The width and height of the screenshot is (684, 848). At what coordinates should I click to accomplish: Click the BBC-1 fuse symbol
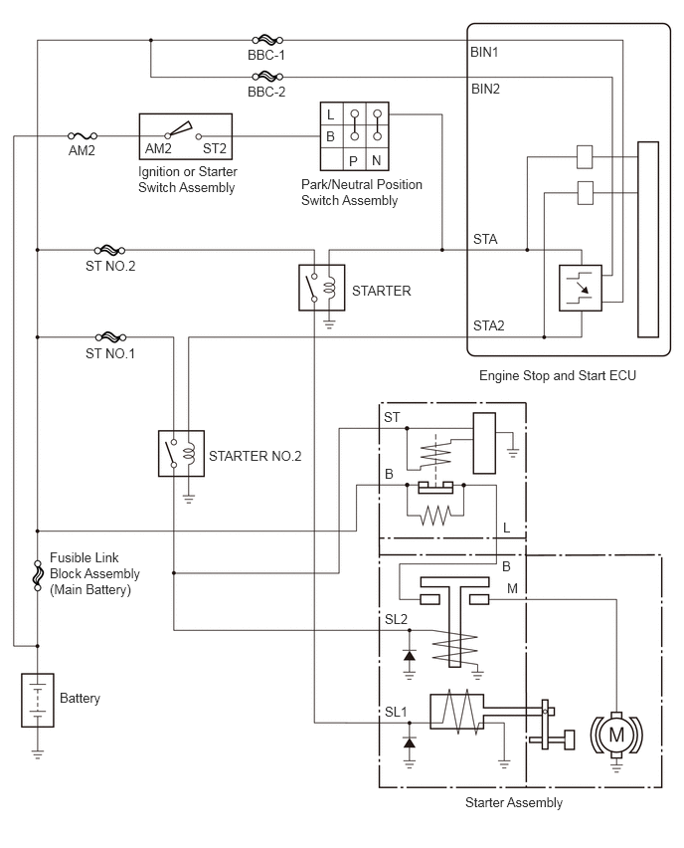tap(267, 40)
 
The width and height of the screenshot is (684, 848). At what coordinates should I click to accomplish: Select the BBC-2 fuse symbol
tap(267, 77)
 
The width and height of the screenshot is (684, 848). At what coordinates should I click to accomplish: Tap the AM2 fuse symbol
tap(83, 136)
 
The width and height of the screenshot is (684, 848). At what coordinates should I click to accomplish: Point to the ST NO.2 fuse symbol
tap(109, 250)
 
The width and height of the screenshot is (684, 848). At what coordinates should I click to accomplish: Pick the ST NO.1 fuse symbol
tap(110, 337)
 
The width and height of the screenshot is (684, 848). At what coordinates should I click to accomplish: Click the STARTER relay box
tap(321, 288)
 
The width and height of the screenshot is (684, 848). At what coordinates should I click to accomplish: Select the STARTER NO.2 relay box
tap(181, 453)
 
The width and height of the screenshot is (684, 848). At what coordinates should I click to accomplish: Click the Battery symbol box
tap(37, 700)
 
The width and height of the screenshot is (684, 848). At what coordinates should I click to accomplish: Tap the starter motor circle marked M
tap(616, 735)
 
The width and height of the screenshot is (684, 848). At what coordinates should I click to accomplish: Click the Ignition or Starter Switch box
tap(185, 136)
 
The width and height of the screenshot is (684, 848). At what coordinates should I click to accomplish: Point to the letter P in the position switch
tap(353, 161)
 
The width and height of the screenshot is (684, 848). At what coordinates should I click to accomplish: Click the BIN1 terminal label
tap(484, 53)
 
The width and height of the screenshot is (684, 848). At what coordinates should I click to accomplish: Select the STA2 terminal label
tap(488, 325)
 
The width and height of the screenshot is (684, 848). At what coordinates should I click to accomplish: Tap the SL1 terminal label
tap(396, 713)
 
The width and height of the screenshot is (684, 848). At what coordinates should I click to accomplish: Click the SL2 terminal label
tap(396, 620)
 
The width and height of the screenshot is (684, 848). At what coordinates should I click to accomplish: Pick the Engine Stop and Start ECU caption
tap(557, 375)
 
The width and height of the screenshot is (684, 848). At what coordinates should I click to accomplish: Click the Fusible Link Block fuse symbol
tap(37, 574)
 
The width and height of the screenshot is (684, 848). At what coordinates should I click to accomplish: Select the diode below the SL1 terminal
tap(410, 742)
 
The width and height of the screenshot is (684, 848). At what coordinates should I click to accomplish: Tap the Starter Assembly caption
tap(514, 802)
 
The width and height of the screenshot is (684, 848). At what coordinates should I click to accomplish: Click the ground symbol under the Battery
tap(37, 753)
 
